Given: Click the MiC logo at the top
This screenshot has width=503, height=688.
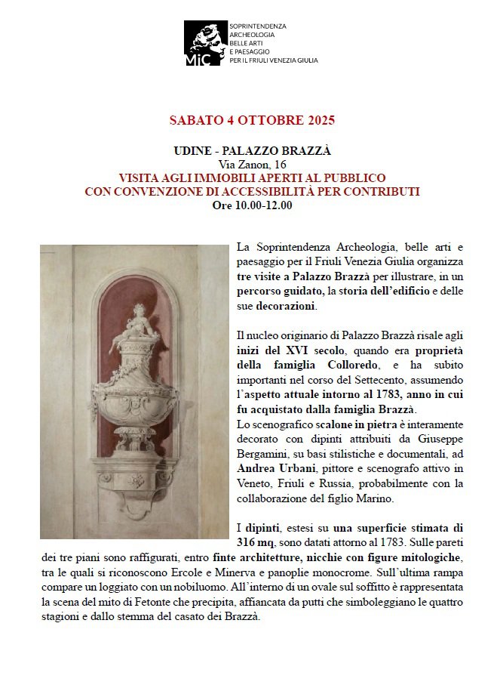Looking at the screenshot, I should pyautogui.click(x=201, y=44).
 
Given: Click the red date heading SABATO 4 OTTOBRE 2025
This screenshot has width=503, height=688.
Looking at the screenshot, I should pyautogui.click(x=252, y=120).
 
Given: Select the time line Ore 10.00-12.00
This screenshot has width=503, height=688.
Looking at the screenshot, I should pyautogui.click(x=252, y=205).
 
